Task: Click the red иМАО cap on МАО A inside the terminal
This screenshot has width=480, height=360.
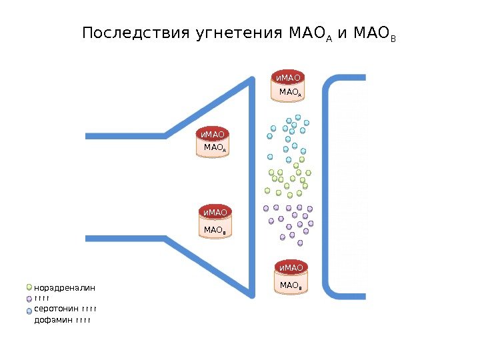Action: (x=214, y=135)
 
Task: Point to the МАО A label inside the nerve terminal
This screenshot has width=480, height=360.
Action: (x=215, y=147)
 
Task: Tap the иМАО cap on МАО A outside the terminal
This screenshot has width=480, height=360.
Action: (x=289, y=77)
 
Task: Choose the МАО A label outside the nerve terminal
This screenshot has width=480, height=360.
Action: (x=290, y=91)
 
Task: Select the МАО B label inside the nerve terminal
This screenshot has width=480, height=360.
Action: (x=215, y=230)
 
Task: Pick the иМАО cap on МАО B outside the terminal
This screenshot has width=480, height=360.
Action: (x=291, y=268)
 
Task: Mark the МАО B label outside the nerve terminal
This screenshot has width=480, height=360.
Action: (x=291, y=285)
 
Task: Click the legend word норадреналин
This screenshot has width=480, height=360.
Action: (x=65, y=288)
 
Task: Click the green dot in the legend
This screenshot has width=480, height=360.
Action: (x=29, y=287)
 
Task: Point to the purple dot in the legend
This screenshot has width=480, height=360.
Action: (x=29, y=299)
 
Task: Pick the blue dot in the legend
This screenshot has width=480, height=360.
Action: (x=29, y=311)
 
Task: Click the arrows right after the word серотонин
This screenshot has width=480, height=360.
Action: (x=89, y=309)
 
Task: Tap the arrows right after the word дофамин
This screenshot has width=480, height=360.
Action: (x=83, y=321)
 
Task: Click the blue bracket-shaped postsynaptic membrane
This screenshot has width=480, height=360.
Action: (x=327, y=187)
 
